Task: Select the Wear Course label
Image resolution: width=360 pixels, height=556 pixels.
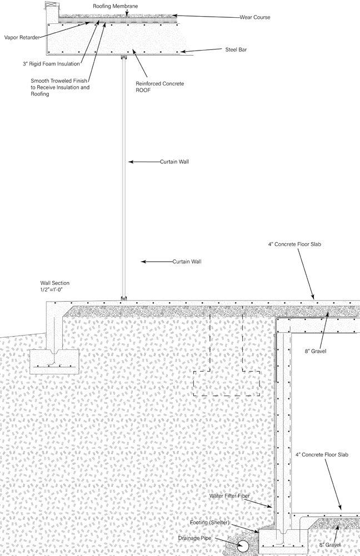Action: pyautogui.click(x=255, y=17)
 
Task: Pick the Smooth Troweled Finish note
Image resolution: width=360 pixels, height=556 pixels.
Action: pyautogui.click(x=60, y=87)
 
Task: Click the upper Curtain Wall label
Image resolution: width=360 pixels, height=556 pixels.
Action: pyautogui.click(x=175, y=162)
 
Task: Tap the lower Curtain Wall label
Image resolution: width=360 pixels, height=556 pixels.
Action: pyautogui.click(x=187, y=261)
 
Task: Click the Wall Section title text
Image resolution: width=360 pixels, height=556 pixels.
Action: pyautogui.click(x=59, y=283)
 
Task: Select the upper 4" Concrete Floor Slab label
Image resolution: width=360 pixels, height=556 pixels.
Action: pyautogui.click(x=294, y=244)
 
